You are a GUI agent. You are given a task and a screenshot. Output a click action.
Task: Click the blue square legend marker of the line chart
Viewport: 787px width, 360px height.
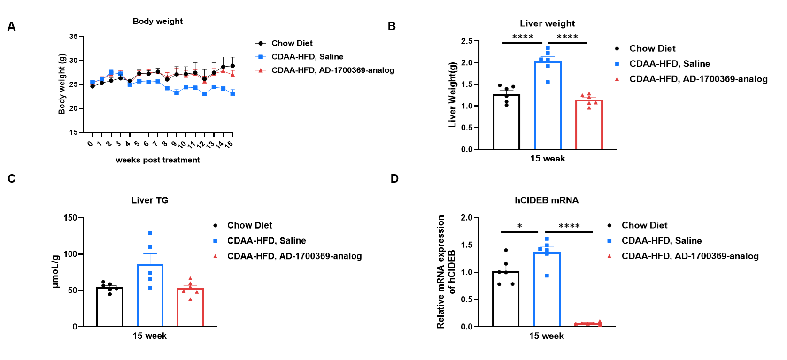point(261,57)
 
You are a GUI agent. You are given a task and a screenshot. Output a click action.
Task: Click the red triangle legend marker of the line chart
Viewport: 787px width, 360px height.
point(261,70)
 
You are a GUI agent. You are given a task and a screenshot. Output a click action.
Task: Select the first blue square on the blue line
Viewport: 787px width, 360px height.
point(93,82)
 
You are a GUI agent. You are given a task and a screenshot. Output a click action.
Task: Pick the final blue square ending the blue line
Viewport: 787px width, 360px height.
point(232,94)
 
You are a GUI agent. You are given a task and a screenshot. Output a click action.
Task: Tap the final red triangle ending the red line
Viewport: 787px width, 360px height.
point(232,74)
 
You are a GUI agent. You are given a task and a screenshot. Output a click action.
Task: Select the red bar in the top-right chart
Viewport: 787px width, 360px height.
point(589,127)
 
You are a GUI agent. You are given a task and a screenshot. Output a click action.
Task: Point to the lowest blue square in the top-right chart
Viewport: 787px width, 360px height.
point(548,82)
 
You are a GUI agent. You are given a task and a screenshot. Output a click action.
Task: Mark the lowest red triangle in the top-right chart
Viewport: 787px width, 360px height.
point(589,108)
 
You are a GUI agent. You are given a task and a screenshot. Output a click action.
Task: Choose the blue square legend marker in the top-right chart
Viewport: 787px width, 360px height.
point(617,64)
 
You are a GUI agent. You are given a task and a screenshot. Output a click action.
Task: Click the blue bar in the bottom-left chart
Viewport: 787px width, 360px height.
point(150,300)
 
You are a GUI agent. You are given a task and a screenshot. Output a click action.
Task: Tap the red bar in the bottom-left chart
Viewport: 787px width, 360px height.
point(191,310)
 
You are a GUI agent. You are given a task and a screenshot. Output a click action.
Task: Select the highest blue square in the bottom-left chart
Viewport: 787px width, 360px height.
point(150,233)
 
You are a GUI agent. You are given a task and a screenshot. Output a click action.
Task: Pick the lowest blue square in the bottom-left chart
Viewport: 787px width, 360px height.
point(150,288)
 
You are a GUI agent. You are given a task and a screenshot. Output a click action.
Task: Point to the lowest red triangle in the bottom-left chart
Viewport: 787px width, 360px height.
point(190,299)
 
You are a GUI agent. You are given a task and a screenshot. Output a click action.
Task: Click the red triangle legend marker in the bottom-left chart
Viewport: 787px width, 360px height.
point(216,256)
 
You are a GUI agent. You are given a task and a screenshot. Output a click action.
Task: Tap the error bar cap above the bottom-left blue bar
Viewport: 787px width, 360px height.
point(150,254)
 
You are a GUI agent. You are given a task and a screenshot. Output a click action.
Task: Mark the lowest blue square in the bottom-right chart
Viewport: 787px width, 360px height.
point(547,276)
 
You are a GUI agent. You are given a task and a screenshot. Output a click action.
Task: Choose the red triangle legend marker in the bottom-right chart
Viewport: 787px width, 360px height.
point(610,256)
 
